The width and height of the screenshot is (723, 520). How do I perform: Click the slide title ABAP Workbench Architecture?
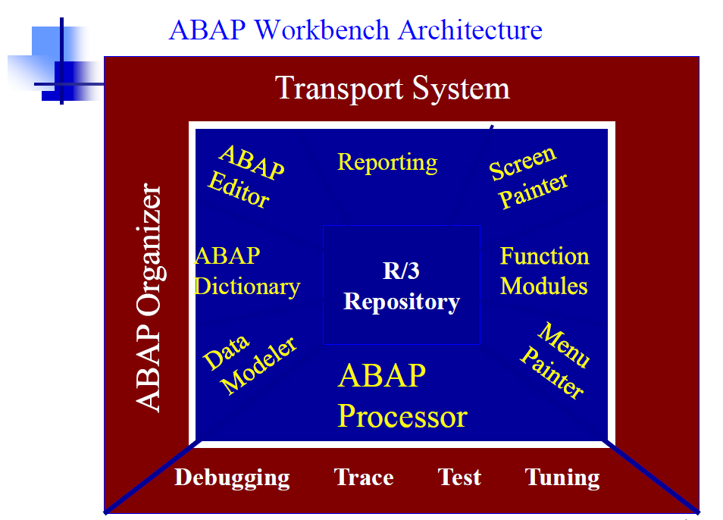[x=355, y=30]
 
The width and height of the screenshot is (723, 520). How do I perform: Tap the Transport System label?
[x=393, y=88]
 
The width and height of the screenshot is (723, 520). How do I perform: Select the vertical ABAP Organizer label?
[x=149, y=297]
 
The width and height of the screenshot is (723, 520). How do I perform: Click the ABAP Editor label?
[x=246, y=177]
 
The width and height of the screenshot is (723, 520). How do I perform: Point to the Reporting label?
[x=387, y=163]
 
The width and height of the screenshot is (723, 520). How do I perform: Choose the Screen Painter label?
[x=528, y=177]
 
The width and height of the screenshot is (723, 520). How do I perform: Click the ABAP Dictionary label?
[x=248, y=271]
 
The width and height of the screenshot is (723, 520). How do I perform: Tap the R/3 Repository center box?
[x=402, y=285]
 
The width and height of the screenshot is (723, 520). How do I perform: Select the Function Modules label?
[x=545, y=271]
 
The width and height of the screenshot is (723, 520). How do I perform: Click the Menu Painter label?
[x=556, y=360]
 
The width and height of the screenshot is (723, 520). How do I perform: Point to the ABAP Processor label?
[x=402, y=396]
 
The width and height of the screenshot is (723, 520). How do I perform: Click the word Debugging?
[x=233, y=478]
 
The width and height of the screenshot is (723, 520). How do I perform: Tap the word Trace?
[x=364, y=477]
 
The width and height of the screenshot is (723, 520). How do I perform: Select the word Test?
[x=459, y=477]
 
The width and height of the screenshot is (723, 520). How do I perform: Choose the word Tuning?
[x=562, y=478]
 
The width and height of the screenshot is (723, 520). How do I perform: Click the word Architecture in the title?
[x=471, y=30]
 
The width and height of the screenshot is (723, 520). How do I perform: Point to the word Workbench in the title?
[x=322, y=30]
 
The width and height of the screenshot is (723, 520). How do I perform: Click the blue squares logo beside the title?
[x=55, y=61]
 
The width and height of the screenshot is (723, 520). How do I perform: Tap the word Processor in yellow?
[x=402, y=416]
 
